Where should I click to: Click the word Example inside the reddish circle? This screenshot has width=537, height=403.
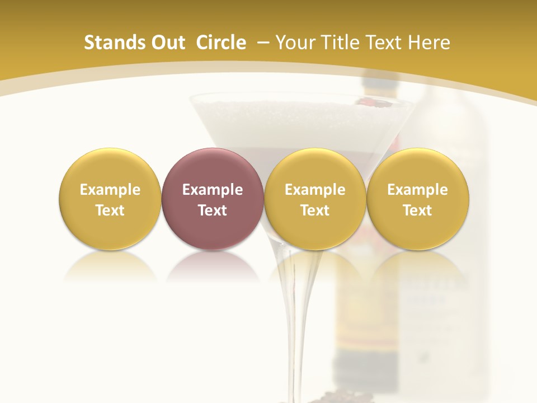click(213, 190)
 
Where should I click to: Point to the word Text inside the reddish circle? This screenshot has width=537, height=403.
click(213, 210)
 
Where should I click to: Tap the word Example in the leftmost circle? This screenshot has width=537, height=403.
click(110, 190)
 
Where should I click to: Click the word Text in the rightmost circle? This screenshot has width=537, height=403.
click(418, 210)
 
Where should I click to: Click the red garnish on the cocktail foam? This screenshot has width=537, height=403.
click(381, 102)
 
